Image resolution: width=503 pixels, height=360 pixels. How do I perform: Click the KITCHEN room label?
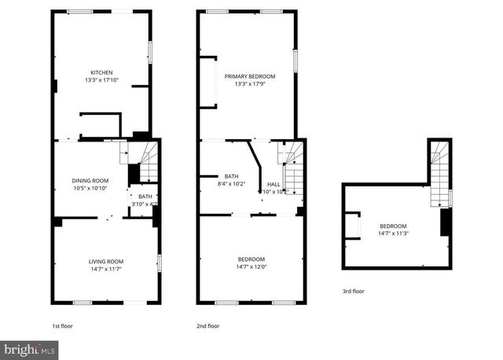(101, 72)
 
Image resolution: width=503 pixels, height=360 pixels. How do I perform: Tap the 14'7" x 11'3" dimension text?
(395, 233)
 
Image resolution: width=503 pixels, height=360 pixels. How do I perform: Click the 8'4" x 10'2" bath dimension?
(231, 184)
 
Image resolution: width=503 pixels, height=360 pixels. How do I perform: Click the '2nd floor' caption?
(207, 326)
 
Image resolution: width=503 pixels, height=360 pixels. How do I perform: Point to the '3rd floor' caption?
(354, 292)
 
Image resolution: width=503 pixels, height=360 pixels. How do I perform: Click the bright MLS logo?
(28, 347)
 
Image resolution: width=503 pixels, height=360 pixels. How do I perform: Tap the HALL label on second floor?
(274, 184)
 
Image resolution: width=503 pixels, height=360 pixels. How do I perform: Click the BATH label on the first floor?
(145, 197)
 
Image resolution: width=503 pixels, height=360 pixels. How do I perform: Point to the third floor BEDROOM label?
(395, 225)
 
